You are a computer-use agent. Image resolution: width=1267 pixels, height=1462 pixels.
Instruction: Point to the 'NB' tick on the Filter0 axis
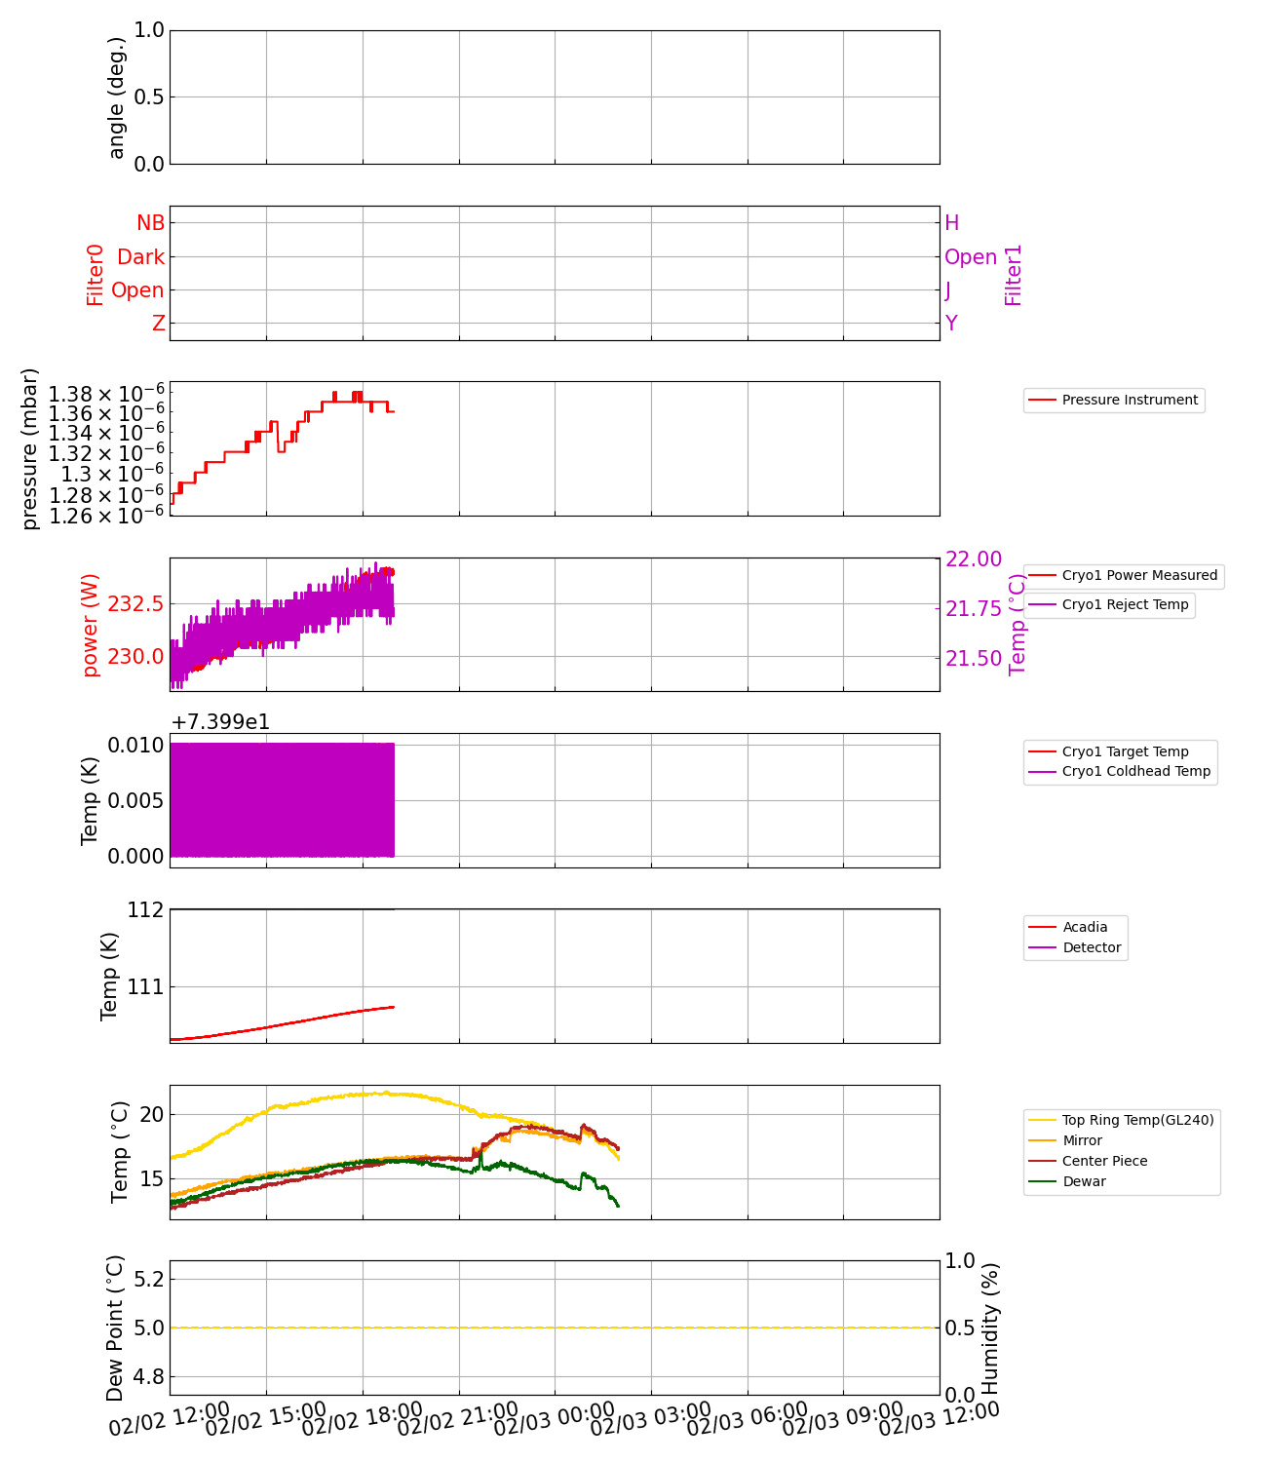[150, 223]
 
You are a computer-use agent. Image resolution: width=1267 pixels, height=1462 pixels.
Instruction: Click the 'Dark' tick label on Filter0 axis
[140, 257]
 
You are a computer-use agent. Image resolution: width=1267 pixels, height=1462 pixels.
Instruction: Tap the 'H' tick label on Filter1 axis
[952, 223]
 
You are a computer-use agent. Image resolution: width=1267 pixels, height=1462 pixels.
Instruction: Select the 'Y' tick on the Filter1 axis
[951, 324]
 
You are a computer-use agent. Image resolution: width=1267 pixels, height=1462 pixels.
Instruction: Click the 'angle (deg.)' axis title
[117, 97]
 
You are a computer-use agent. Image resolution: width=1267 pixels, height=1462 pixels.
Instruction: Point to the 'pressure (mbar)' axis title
[30, 448]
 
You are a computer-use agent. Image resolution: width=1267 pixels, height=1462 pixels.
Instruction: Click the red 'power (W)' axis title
[91, 625]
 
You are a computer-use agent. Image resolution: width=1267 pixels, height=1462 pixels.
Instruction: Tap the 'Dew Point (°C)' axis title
[115, 1327]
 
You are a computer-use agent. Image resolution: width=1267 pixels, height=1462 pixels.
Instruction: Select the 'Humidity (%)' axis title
[990, 1327]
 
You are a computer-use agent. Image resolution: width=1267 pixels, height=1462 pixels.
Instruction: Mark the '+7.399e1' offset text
[220, 722]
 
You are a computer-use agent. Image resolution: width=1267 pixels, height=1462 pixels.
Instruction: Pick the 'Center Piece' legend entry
[1104, 1161]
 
